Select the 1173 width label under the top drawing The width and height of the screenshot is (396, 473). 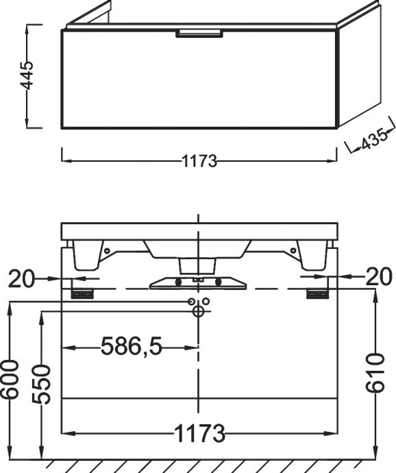pyautogui.click(x=199, y=162)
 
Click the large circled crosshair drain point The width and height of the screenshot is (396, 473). pyautogui.click(x=199, y=312)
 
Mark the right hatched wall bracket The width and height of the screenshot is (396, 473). pyautogui.click(x=317, y=294)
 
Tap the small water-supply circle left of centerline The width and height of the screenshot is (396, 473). pyautogui.click(x=193, y=302)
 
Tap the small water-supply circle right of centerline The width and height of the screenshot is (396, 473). pyautogui.click(x=205, y=302)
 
